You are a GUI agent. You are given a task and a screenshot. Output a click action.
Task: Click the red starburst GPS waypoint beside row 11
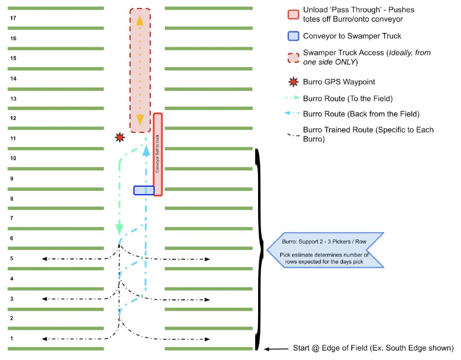click(x=119, y=137)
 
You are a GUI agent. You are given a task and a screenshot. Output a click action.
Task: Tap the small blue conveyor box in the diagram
click(x=143, y=190)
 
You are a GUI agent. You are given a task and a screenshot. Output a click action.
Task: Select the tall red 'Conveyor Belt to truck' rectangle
click(x=158, y=154)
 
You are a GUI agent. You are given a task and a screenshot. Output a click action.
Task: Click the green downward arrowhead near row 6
click(x=119, y=229)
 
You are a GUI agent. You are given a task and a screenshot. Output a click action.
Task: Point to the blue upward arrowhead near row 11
click(x=146, y=150)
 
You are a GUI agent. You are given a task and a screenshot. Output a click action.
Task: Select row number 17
click(x=13, y=18)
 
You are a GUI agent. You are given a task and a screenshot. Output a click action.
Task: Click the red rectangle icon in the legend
click(x=293, y=15)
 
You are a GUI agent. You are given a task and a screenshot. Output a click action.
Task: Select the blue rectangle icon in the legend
click(x=293, y=36)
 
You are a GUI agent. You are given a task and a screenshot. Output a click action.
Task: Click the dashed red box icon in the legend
click(x=293, y=57)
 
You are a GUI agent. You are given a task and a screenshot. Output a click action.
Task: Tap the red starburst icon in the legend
click(x=293, y=82)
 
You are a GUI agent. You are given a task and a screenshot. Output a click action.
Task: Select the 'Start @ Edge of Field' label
click(x=373, y=348)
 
